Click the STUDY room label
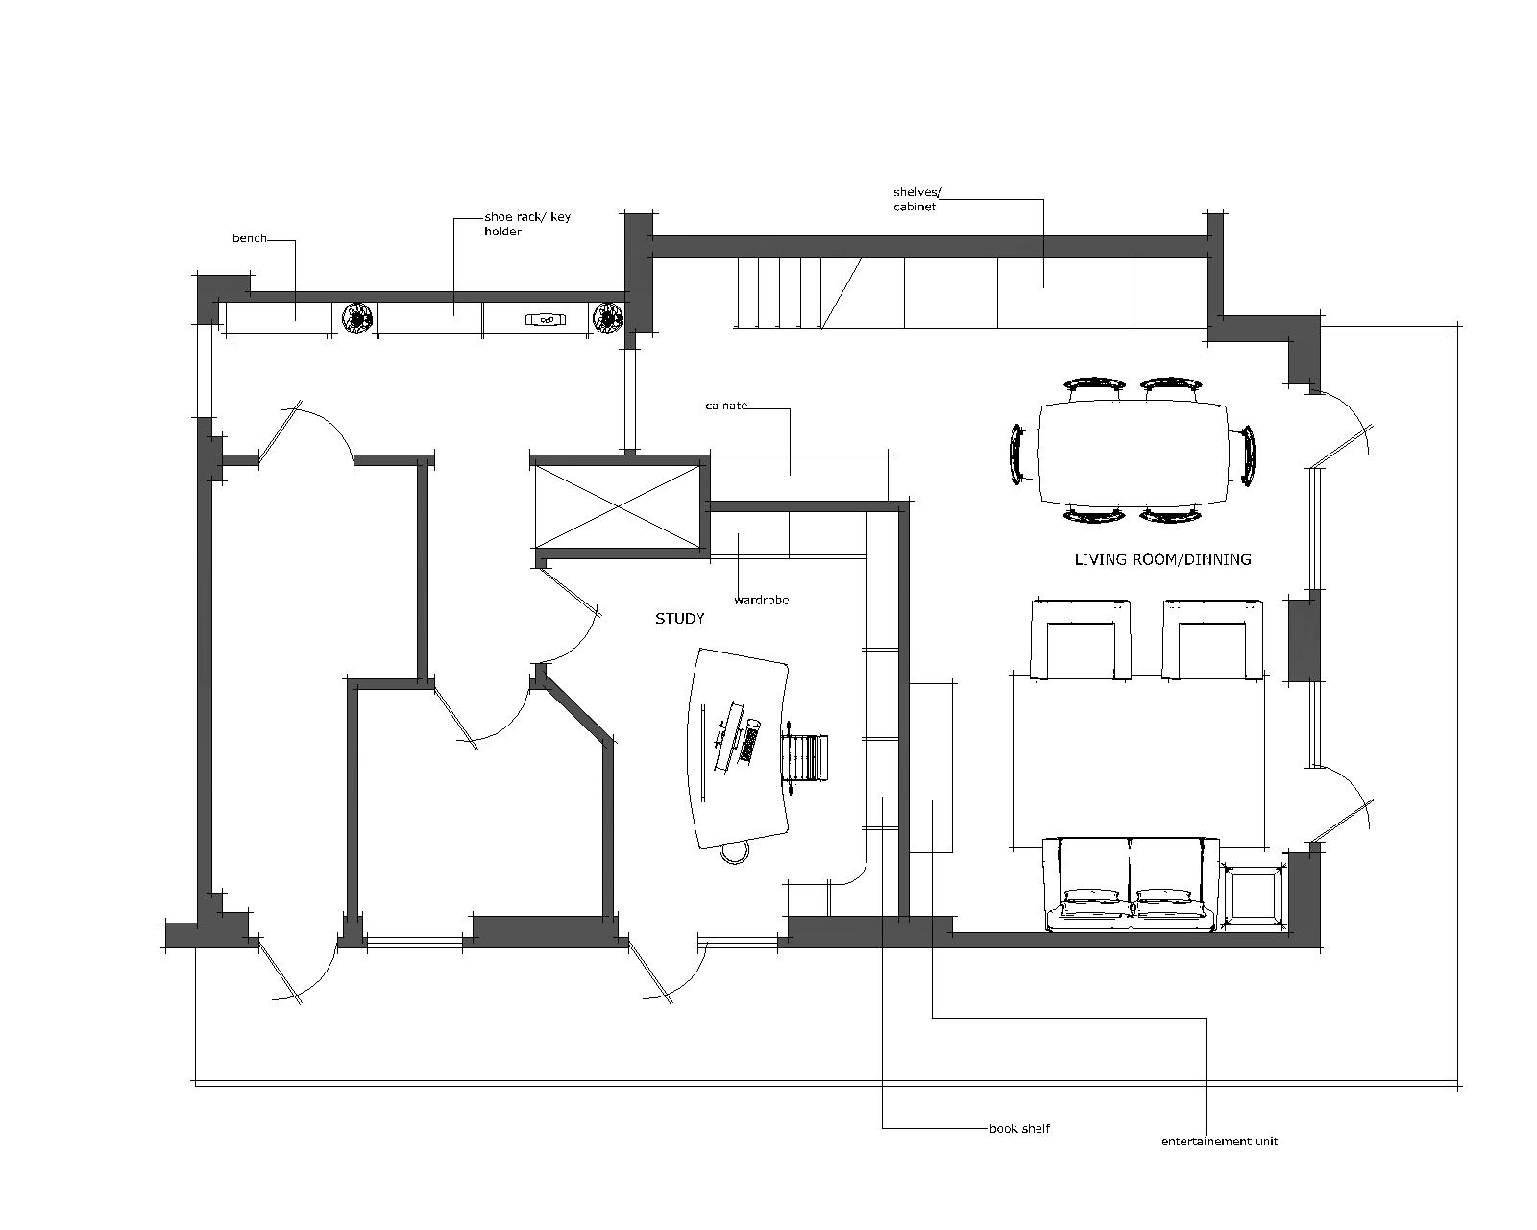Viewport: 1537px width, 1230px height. point(679,618)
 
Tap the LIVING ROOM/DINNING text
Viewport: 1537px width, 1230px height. point(1162,559)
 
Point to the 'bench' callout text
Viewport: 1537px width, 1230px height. point(249,238)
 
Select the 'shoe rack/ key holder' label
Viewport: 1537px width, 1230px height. point(527,224)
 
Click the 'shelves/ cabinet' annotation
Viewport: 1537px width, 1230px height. point(917,200)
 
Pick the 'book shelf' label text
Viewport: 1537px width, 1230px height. point(1019,1128)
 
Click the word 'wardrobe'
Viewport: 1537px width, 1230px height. point(762,601)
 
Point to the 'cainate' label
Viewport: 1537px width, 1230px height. point(726,406)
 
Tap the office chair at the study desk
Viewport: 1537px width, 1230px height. point(805,758)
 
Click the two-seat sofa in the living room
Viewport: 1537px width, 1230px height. point(1132,886)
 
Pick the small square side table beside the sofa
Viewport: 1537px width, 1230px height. point(1255,897)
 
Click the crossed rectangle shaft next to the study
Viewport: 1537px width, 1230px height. point(618,506)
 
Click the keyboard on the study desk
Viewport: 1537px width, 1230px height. point(750,741)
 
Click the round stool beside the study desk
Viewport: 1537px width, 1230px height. point(734,852)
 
